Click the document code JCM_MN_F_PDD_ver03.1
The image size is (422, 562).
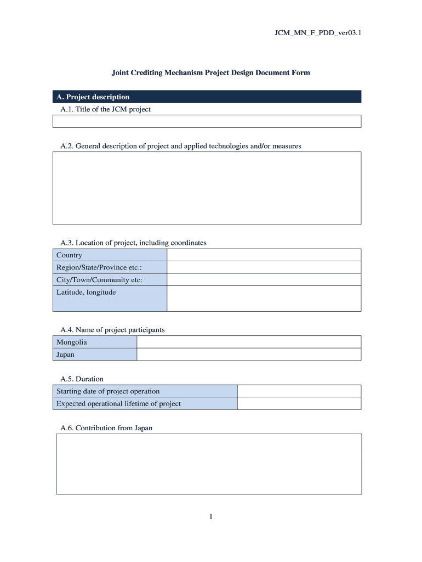318,33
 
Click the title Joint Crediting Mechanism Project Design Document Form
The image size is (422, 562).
211,72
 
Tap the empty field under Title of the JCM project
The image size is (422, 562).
207,121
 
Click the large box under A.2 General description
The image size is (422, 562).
207,188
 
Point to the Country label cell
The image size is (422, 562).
110,255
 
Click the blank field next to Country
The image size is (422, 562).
264,255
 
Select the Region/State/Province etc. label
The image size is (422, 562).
110,267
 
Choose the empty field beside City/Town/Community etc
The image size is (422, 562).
264,280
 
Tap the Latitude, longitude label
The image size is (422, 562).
110,299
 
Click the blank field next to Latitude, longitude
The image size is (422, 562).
264,299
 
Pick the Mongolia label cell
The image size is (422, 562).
95,342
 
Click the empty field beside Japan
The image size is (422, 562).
249,355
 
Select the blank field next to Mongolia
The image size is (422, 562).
249,342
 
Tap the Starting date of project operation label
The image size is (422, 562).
145,391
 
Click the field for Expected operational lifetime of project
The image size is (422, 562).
299,404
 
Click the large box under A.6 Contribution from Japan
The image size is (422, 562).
209,464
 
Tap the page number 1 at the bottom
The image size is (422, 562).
210,516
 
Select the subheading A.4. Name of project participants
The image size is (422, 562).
112,330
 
